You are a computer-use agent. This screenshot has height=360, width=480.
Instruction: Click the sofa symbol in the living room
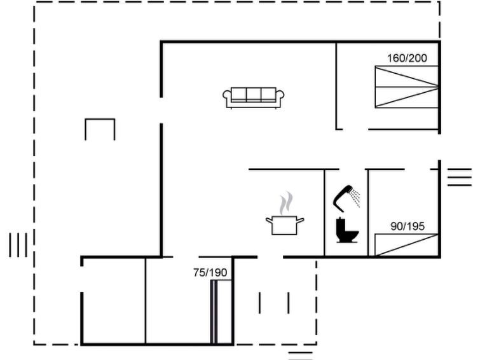(253, 98)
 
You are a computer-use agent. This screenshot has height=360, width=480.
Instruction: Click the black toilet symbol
(347, 230)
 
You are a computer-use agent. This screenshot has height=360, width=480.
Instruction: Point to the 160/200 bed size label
(407, 59)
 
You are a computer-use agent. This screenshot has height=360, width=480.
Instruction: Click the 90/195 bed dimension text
(408, 226)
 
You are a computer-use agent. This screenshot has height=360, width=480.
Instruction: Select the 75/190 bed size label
(210, 272)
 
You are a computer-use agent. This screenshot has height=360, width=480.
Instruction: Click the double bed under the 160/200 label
(407, 87)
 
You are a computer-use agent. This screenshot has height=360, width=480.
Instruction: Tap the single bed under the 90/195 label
(407, 245)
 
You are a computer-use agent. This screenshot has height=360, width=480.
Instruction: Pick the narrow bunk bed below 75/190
(221, 312)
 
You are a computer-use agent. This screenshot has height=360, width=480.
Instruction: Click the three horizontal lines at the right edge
(459, 177)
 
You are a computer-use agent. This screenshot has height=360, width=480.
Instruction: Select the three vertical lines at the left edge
(18, 245)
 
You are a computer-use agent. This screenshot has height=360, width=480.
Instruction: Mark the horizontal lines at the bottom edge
(300, 356)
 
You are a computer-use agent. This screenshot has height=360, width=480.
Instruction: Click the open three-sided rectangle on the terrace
(100, 120)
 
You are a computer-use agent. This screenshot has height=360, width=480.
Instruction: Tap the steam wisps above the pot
(286, 203)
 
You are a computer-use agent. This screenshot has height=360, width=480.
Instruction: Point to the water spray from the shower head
(355, 198)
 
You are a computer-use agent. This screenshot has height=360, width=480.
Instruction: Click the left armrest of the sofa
(227, 97)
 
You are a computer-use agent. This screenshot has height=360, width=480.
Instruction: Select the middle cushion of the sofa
(254, 94)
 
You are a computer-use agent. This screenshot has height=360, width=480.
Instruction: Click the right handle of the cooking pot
(300, 220)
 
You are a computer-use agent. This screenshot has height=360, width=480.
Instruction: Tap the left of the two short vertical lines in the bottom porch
(259, 303)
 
